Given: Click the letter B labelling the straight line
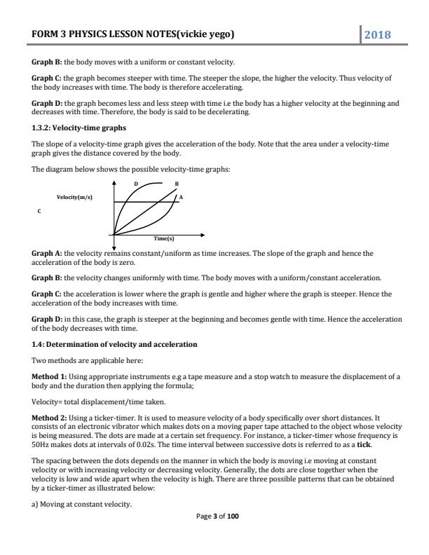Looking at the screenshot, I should [x=177, y=184].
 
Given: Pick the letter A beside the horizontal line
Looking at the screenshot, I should [x=181, y=197].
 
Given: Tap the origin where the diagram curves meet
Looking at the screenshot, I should [x=114, y=234].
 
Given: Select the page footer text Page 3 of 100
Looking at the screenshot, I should [x=214, y=536].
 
